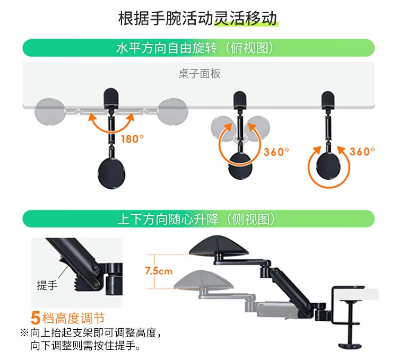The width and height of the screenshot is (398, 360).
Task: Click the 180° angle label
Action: (132, 139)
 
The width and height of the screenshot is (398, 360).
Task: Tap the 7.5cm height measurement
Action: (159, 271)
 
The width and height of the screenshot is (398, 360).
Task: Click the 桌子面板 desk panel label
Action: (199, 74)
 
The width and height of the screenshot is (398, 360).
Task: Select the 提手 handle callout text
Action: (47, 285)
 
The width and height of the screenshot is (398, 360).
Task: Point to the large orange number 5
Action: (36, 318)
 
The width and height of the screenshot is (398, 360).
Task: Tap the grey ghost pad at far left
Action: (49, 111)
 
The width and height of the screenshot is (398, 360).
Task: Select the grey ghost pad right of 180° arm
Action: (173, 111)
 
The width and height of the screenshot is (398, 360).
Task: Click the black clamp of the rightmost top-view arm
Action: (328, 100)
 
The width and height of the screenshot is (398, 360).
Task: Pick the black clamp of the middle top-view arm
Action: (240, 100)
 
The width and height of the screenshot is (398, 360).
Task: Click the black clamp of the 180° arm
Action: (111, 97)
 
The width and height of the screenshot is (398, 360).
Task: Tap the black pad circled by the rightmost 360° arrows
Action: (328, 167)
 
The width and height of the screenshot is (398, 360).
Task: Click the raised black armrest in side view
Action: (219, 246)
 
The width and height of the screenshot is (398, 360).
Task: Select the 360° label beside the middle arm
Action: (276, 152)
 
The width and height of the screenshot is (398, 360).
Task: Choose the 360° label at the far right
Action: (362, 152)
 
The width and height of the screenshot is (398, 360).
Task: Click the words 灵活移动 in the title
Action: (246, 19)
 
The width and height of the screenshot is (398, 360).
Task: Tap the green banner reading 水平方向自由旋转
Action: (198, 48)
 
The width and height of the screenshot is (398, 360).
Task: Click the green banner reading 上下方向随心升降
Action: (198, 219)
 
